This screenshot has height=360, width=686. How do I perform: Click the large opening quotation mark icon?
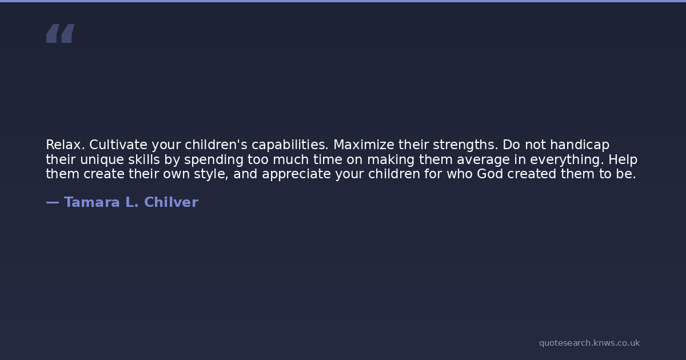[61, 33]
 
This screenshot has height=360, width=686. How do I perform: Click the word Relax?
[65, 145]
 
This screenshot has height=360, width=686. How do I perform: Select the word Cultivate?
[118, 145]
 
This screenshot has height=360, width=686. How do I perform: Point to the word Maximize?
[364, 145]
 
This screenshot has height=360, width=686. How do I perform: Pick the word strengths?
[465, 145]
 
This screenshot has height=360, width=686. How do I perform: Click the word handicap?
[580, 145]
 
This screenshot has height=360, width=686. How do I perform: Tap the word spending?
[214, 160]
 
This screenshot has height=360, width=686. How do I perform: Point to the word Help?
[623, 160]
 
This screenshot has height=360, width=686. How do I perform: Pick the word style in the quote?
[211, 174]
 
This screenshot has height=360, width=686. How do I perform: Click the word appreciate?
[297, 174]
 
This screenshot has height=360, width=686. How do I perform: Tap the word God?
[490, 174]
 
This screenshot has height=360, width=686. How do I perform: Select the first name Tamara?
[92, 202]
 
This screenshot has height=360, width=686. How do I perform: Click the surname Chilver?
[171, 202]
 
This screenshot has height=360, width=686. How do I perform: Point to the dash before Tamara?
[53, 202]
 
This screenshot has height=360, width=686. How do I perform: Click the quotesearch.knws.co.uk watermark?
[589, 343]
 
